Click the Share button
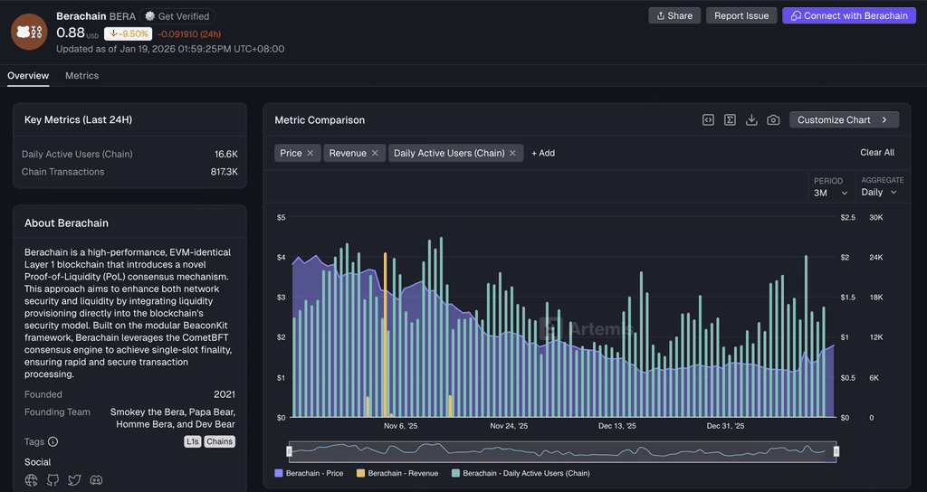(x=674, y=16)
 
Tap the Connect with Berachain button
(x=849, y=16)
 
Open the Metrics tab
(x=82, y=76)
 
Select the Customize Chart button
(x=844, y=120)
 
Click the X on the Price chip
(x=311, y=153)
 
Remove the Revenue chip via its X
(x=375, y=153)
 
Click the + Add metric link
(x=543, y=153)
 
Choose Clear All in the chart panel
(x=876, y=152)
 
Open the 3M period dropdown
(x=831, y=193)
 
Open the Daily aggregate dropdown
(x=879, y=192)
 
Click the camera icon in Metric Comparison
(x=773, y=120)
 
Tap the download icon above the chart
(x=751, y=120)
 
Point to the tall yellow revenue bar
(x=386, y=335)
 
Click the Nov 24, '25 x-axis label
(x=509, y=426)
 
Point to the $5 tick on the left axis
(x=281, y=217)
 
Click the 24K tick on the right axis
(x=875, y=258)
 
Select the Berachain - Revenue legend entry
(x=397, y=473)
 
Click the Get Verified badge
(x=177, y=16)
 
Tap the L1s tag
(x=193, y=441)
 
